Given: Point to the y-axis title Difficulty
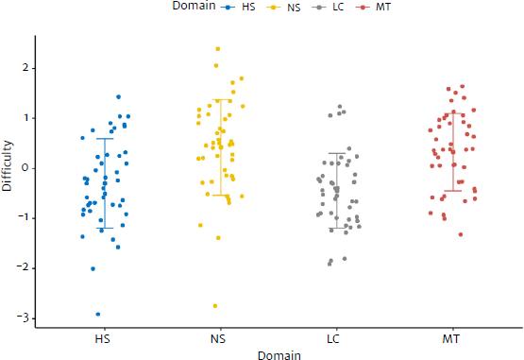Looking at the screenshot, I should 8,167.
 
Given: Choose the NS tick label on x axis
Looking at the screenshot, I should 220,336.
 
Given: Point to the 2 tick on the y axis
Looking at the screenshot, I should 25,68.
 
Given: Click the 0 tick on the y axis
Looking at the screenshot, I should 25,168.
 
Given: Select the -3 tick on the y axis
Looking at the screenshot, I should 22,317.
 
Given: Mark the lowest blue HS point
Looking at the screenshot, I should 98,315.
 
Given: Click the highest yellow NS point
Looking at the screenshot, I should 218,48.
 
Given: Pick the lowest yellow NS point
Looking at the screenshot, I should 215,305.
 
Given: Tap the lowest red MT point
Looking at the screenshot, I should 461,234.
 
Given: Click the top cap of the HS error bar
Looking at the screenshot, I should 105,139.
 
